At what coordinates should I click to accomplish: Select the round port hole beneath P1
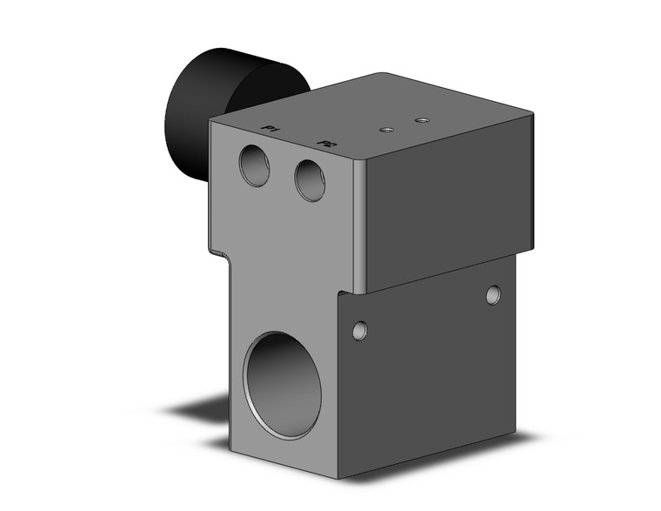point(255,165)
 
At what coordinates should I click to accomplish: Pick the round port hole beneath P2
point(310,180)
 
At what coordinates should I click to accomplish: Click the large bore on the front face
point(282,385)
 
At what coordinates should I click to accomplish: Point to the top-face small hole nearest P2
point(387,130)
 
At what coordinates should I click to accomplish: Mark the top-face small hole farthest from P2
point(422,119)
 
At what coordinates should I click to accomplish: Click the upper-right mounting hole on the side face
point(493,295)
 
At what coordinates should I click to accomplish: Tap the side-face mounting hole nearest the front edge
point(359,330)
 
